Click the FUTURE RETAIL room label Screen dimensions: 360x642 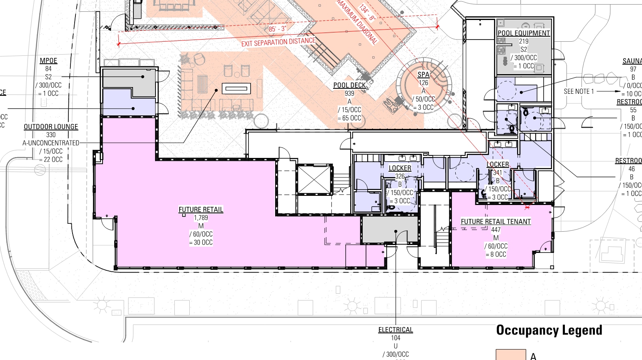pyautogui.click(x=201, y=210)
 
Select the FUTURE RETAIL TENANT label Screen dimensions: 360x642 pyautogui.click(x=496, y=222)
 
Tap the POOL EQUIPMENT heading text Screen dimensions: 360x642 pyautogui.click(x=524, y=33)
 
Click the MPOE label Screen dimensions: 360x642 pyautogui.click(x=48, y=61)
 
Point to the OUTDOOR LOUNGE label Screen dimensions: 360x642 pyautogui.click(x=51, y=127)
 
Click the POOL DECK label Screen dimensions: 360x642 pyautogui.click(x=349, y=85)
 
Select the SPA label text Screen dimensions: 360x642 pyautogui.click(x=423, y=75)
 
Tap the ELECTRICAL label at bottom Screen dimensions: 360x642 pyautogui.click(x=396, y=330)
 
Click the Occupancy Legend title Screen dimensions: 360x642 pyautogui.click(x=549, y=330)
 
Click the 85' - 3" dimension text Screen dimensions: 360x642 pyautogui.click(x=277, y=29)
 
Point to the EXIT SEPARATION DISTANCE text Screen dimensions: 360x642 pyautogui.click(x=278, y=42)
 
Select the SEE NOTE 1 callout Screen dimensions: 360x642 pyautogui.click(x=579, y=91)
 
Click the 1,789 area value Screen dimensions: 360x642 pyautogui.click(x=201, y=218)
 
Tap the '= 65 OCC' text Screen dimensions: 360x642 pyautogui.click(x=349, y=118)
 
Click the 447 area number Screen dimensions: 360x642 pyautogui.click(x=496, y=230)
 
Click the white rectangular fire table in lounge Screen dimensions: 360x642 pyautogui.click(x=236, y=88)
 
